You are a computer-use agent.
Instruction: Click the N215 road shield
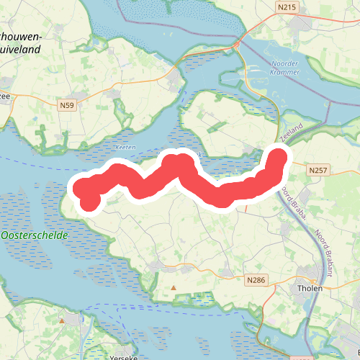point(286,6)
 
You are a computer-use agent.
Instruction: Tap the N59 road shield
point(66,105)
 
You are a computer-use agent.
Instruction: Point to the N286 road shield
point(255,279)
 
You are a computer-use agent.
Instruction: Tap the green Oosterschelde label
point(35,235)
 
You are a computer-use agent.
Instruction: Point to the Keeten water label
point(125,147)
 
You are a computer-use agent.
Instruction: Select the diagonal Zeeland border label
point(290,132)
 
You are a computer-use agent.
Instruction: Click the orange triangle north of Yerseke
point(62,321)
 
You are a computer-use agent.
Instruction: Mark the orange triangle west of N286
point(173,288)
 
